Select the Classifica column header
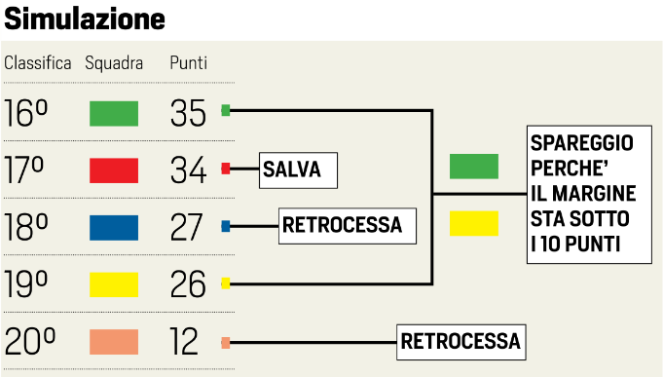point(38,63)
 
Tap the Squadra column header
point(114,63)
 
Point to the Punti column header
point(188,63)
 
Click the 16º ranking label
point(26,113)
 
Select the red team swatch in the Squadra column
point(114,170)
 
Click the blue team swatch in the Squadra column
point(114,227)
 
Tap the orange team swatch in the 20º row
point(114,342)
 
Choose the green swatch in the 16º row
point(114,113)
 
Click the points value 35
point(188,113)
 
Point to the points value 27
point(188,227)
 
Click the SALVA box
point(297,170)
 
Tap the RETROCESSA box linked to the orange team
point(461,342)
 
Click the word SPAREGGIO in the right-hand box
point(582,142)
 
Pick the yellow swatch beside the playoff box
point(473,223)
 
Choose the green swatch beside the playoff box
point(473,167)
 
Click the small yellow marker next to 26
point(226,283)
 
